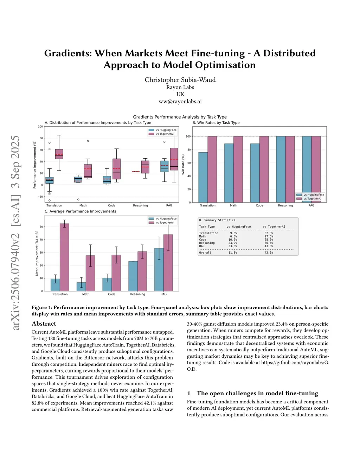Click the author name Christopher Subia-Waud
(180, 80)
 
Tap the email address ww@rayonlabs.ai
(180, 101)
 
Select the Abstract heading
(44, 324)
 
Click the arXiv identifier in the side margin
(15, 232)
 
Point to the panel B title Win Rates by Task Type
(216, 123)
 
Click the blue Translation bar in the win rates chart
(203, 177)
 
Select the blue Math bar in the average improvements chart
(81, 287)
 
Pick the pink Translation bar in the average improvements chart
(64, 257)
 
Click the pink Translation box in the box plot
(59, 154)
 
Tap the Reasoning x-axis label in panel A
(140, 205)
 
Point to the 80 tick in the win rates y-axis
(188, 150)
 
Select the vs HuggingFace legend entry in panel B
(314, 194)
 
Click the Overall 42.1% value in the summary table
(269, 253)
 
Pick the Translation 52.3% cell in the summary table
(269, 233)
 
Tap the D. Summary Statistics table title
(217, 220)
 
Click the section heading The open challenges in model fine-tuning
(257, 393)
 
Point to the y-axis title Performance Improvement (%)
(35, 165)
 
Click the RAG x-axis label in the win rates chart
(311, 205)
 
